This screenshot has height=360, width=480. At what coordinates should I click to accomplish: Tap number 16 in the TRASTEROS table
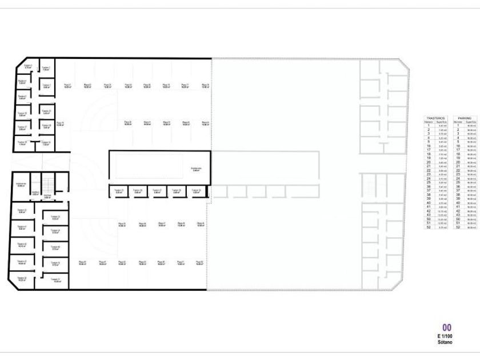tap(428, 146)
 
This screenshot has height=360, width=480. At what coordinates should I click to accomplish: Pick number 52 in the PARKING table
tap(458, 227)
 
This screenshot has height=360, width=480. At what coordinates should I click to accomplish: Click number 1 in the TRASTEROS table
tap(428, 125)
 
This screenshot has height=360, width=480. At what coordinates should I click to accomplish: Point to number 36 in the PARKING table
tap(458, 186)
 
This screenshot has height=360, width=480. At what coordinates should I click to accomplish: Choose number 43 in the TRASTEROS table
tap(428, 215)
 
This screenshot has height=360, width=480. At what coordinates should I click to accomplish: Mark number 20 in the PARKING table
tap(458, 162)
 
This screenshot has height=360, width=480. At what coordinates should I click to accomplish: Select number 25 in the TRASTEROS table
tap(428, 182)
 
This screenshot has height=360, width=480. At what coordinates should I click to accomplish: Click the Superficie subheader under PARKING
tap(470, 121)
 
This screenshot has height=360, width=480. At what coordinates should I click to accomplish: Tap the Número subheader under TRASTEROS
tap(428, 121)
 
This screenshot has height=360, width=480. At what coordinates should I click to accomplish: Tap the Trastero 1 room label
tap(46, 86)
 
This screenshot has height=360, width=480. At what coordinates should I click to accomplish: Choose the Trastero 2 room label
tap(46, 68)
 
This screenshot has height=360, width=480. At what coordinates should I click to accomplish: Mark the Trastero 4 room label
tap(23, 82)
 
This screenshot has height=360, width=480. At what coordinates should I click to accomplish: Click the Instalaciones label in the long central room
tap(195, 168)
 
